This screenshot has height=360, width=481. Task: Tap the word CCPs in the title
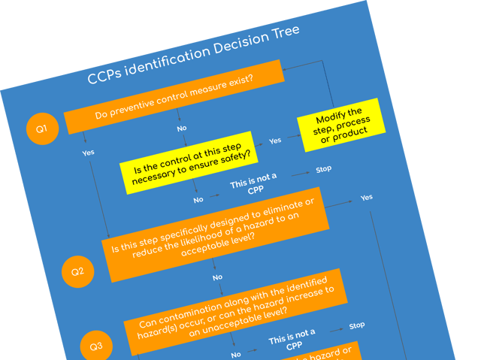point(105,77)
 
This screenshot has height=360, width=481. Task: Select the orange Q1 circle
point(42,129)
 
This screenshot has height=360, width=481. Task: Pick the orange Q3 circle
point(95,346)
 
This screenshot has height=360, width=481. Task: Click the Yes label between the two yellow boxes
point(275,140)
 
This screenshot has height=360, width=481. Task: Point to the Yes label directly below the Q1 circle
point(88,153)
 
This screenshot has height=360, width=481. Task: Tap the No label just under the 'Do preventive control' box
point(182,128)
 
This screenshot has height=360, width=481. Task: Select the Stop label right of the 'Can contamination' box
point(357,325)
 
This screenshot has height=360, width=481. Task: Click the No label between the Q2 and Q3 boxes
point(217,277)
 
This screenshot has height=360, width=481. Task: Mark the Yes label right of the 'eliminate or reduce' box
point(366,197)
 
